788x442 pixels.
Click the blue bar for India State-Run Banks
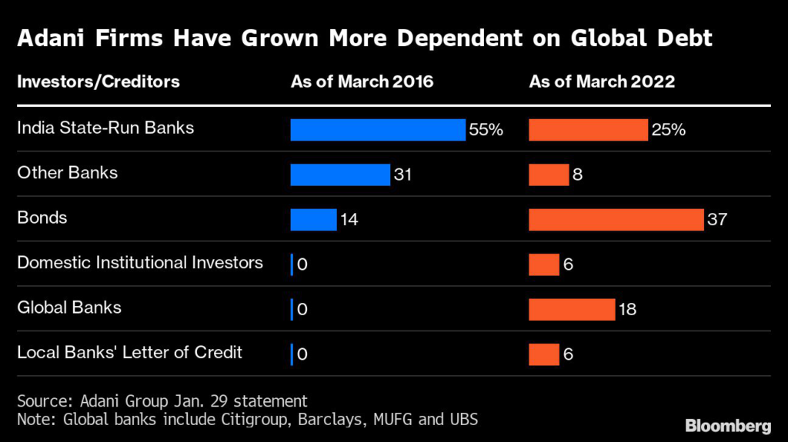378,130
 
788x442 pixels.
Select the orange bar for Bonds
616,219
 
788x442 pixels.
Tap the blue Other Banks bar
340,174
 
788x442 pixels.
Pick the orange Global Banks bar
571,309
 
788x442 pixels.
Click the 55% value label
486,130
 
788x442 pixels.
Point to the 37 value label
717,220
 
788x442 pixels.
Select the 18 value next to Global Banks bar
626,310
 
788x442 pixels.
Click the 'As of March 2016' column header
362,81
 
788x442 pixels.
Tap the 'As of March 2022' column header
602,81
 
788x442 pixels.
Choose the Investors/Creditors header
98,81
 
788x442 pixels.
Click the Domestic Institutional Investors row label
140,263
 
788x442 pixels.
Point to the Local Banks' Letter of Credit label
129,353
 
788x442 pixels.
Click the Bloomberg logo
728,425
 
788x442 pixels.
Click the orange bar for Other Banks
549,174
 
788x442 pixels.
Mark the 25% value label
668,130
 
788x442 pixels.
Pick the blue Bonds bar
313,219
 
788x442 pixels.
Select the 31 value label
402,175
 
